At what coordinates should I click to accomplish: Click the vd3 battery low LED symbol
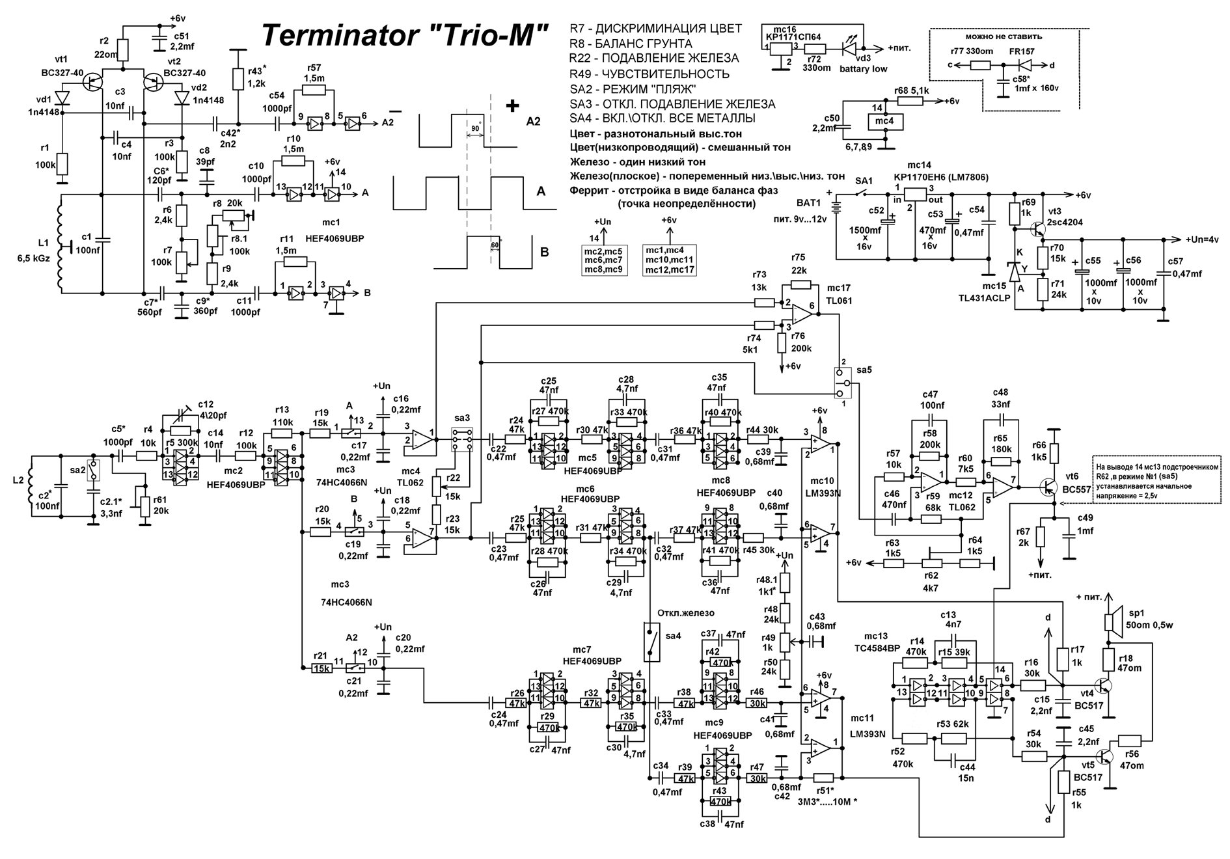click(x=850, y=48)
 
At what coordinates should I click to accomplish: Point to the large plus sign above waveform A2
click(x=513, y=105)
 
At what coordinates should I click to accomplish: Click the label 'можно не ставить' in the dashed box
click(x=1004, y=37)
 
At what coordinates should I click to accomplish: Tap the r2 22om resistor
click(x=123, y=49)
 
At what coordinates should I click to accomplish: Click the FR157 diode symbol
click(x=1026, y=65)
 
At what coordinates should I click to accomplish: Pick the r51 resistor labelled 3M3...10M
click(x=823, y=778)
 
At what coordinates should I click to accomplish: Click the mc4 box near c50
click(x=885, y=120)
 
